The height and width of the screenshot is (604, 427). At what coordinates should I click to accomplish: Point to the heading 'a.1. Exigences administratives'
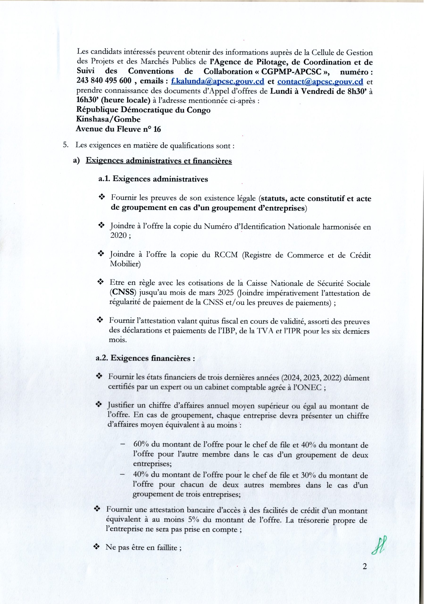153,179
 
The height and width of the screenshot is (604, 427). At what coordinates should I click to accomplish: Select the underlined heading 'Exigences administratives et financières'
159,161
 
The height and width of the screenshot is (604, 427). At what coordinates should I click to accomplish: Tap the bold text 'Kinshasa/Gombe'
108,119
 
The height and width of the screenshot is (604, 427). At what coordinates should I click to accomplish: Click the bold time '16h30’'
86,101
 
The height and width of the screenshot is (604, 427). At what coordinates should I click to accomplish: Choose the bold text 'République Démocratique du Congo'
143,110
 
